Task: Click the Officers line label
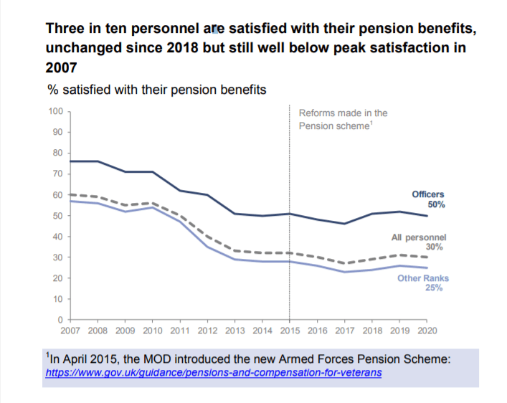point(427,194)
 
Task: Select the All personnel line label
point(420,237)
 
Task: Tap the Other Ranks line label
point(423,278)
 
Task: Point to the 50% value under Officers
point(436,204)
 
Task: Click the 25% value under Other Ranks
point(434,288)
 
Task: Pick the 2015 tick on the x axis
point(289,331)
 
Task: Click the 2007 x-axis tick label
point(69,331)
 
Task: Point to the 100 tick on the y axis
point(55,111)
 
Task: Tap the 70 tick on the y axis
point(57,174)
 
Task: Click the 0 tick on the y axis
point(60,319)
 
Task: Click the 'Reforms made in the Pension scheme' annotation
point(343,118)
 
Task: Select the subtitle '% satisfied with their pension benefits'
point(157,90)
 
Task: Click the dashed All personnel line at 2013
point(234,251)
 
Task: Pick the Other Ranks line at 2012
point(207,246)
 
